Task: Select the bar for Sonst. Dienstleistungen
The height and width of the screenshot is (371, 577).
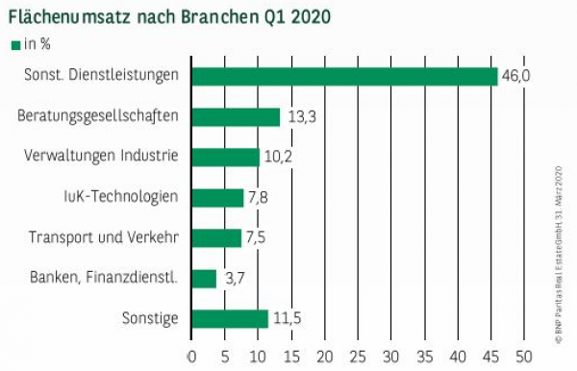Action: (344, 77)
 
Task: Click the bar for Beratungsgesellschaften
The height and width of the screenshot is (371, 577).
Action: (236, 117)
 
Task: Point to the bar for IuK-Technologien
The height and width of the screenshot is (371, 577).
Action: (217, 198)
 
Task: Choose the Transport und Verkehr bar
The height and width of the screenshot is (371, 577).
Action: (216, 238)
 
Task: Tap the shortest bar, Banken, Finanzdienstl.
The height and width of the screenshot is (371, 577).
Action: (204, 279)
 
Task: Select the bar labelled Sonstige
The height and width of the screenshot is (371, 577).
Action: (230, 319)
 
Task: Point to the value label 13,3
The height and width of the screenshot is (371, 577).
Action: (298, 117)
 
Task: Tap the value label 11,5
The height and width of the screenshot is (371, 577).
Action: (287, 319)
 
